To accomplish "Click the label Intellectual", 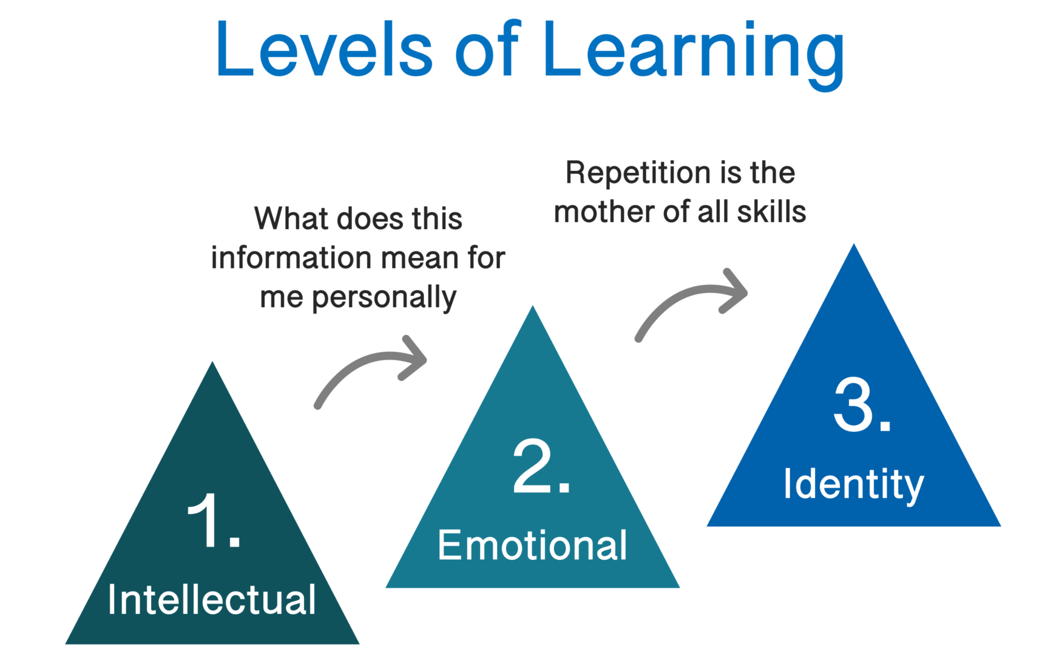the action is coord(212,600).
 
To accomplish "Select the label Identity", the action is coord(853,484).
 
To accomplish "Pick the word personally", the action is coord(384,297).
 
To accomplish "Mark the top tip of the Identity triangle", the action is coord(854,246).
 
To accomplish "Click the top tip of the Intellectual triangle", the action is coord(212,364).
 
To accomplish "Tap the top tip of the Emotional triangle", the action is coord(532,308).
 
